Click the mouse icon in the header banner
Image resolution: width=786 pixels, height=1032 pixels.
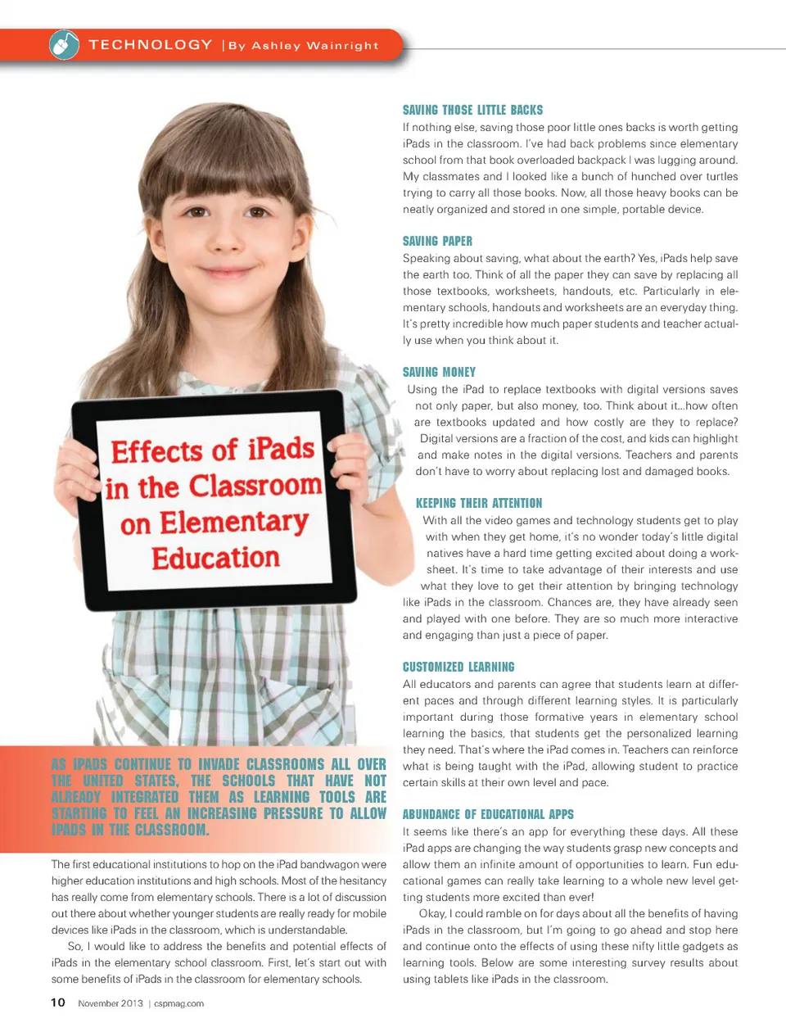(x=64, y=45)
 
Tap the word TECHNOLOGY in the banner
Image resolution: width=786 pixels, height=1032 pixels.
(x=151, y=45)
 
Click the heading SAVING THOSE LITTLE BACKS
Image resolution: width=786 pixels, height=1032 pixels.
(x=472, y=110)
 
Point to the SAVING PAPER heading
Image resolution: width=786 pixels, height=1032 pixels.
(x=437, y=241)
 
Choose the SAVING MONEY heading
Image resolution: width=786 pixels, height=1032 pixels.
(x=439, y=372)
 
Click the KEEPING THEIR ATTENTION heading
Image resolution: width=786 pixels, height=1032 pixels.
(x=479, y=503)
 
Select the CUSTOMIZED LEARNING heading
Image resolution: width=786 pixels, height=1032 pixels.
(x=458, y=667)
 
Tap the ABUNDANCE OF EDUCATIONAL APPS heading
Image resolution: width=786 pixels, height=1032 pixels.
(x=488, y=814)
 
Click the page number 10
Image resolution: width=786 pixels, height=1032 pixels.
(x=58, y=1003)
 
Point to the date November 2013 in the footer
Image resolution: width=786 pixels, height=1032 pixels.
(x=111, y=1003)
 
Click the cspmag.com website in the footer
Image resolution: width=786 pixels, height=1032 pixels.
(x=179, y=1003)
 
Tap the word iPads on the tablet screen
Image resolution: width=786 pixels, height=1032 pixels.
(x=281, y=448)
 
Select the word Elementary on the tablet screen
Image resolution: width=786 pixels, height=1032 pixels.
(x=234, y=523)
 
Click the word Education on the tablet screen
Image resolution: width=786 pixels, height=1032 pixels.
(x=215, y=559)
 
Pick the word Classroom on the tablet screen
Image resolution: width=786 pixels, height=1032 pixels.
(x=255, y=485)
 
